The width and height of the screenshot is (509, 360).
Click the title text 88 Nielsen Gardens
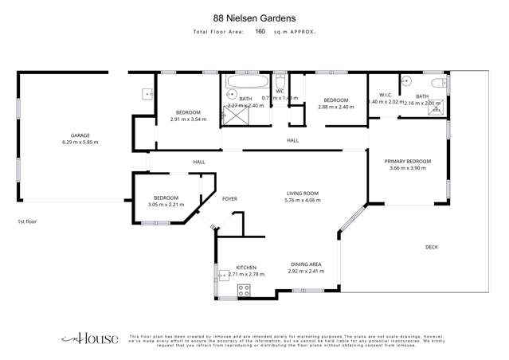point(254,16)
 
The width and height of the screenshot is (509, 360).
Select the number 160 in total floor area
point(260,32)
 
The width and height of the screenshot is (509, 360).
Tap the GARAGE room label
point(80,135)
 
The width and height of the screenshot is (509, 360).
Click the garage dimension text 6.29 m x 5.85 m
point(80,143)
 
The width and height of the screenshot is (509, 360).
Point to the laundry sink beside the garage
point(147,94)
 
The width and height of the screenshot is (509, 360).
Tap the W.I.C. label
point(382,95)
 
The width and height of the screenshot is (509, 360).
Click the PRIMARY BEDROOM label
point(409,161)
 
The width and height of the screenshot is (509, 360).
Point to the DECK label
point(432,247)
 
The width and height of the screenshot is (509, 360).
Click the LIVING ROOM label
point(303,194)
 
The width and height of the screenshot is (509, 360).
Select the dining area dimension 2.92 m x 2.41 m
point(305,271)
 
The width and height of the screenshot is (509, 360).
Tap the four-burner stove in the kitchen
point(244,291)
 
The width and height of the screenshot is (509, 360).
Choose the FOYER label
point(229,198)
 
